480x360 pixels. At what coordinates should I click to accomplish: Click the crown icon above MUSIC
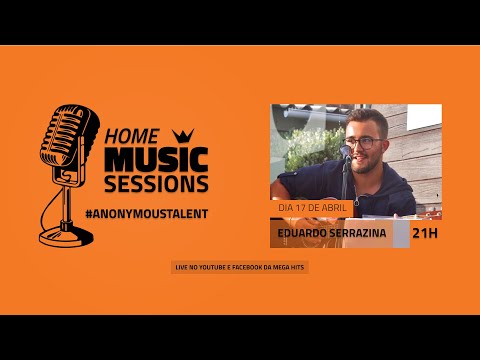pyautogui.click(x=183, y=135)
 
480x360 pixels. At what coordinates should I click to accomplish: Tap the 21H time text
pyautogui.click(x=425, y=234)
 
